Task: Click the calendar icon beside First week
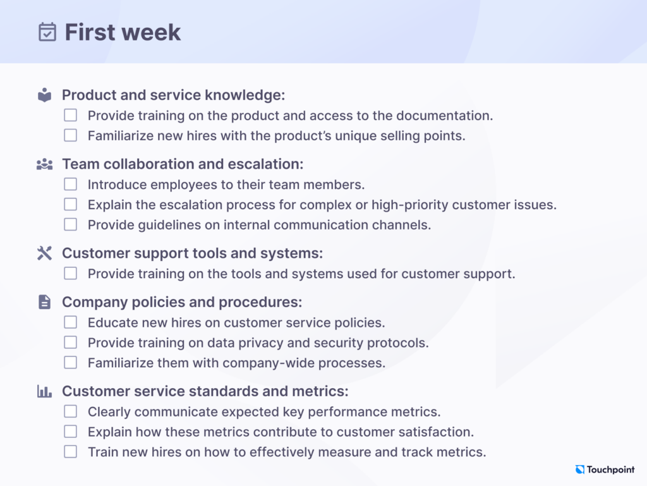pos(47,32)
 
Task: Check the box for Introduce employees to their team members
pos(71,185)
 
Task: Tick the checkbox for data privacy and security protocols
pos(71,343)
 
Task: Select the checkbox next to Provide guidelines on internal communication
pos(71,224)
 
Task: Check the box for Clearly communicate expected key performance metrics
pos(71,411)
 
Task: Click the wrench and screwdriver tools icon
pos(44,253)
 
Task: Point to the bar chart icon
pos(44,391)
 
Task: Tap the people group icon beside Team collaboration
pos(44,164)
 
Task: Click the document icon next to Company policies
pos(44,302)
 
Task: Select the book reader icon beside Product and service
pos(44,95)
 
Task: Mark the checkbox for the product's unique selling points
pos(71,135)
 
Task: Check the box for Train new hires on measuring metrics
pos(71,452)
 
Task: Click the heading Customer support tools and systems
pos(192,253)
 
